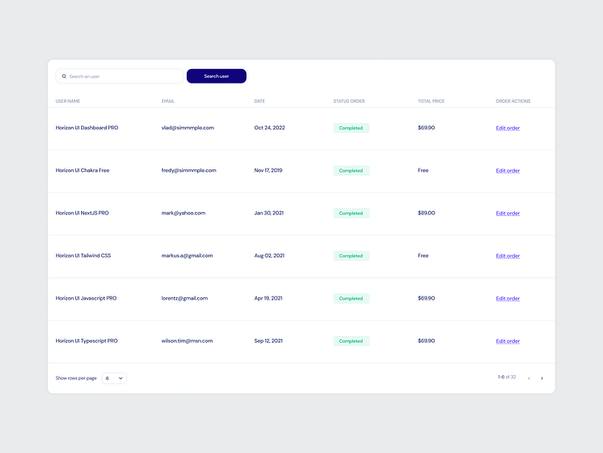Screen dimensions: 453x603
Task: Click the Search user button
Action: coord(217,76)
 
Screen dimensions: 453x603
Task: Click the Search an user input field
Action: coord(120,76)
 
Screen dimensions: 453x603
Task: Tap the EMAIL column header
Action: coord(168,101)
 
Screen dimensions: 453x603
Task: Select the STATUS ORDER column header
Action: coord(349,101)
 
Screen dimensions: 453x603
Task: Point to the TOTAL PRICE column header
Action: coord(431,101)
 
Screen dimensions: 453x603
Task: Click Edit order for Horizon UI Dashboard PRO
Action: coord(508,129)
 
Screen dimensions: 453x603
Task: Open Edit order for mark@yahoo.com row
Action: coord(508,214)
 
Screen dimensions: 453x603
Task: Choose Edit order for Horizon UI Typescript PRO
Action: coord(508,341)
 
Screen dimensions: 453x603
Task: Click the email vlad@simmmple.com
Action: coord(188,128)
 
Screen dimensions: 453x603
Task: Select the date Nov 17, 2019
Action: coord(271,170)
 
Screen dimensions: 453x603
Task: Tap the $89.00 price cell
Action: coord(426,213)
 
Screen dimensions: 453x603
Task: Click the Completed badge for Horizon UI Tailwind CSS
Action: coord(351,256)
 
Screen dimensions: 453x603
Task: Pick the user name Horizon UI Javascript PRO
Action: coord(86,298)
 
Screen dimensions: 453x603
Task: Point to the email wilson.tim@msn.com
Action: coord(187,341)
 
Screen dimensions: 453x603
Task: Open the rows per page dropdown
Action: coord(114,377)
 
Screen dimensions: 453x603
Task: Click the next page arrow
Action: coord(542,378)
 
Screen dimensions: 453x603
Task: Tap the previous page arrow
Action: coord(528,378)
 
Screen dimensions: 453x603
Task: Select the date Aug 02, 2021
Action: coord(269,255)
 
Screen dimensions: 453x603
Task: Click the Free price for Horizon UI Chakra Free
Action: coord(423,170)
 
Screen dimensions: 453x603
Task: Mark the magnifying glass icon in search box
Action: coord(64,76)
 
